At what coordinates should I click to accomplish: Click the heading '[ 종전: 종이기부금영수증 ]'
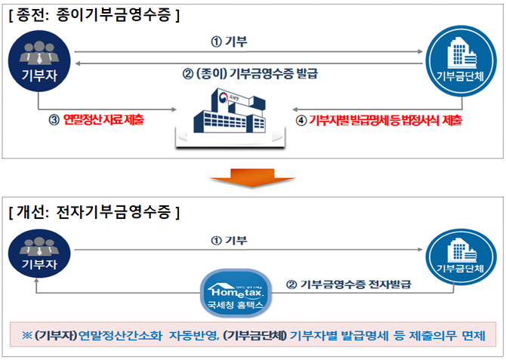click(94, 14)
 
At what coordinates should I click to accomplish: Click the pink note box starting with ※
click(253, 334)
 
